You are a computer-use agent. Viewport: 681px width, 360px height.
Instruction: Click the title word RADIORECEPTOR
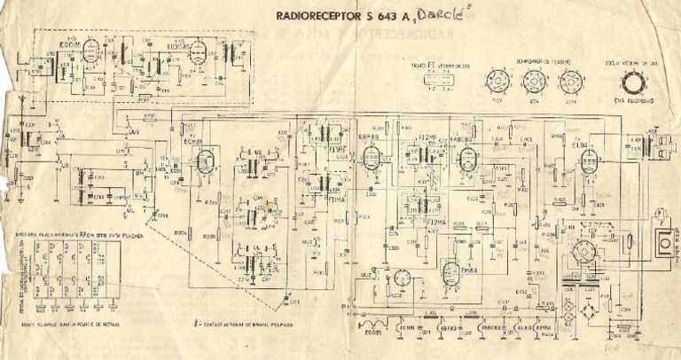314,14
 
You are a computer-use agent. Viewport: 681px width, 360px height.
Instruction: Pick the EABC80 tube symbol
464,158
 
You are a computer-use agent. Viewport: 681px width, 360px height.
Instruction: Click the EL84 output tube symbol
587,162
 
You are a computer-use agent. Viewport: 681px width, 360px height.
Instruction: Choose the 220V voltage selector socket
573,83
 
